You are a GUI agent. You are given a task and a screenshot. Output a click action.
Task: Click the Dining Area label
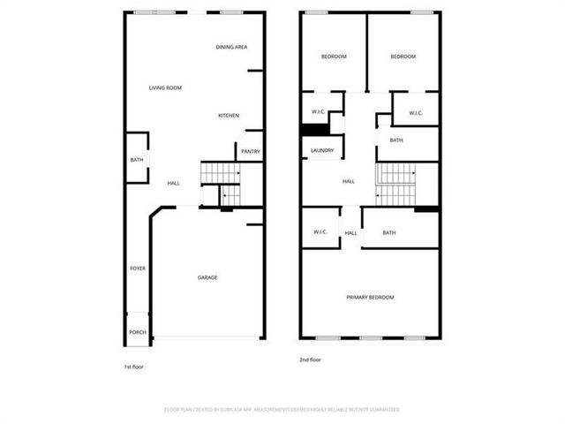pyautogui.click(x=231, y=47)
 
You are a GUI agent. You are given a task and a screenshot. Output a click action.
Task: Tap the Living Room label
pyautogui.click(x=165, y=87)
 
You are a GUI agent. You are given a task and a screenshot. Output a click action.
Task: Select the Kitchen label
pyautogui.click(x=230, y=116)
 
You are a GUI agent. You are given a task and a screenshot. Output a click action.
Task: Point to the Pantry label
pyautogui.click(x=251, y=152)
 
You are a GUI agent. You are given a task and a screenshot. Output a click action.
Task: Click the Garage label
pyautogui.click(x=207, y=277)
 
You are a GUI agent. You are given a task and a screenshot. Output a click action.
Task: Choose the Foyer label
pyautogui.click(x=138, y=268)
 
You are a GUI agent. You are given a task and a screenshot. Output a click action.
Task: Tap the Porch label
pyautogui.click(x=138, y=333)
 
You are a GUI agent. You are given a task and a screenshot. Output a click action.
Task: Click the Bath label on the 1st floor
pyautogui.click(x=137, y=160)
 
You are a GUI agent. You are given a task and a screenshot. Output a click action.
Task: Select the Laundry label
pyautogui.click(x=322, y=151)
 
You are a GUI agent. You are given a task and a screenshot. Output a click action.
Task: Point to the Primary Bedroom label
pyautogui.click(x=370, y=297)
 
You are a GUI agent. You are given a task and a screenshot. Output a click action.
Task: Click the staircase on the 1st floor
pyautogui.click(x=221, y=184)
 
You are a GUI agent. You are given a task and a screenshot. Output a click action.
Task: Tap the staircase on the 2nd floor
pyautogui.click(x=395, y=184)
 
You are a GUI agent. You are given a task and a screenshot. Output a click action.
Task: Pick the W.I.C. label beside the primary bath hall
pyautogui.click(x=320, y=232)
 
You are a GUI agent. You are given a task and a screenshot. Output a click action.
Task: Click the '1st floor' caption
pyautogui.click(x=133, y=366)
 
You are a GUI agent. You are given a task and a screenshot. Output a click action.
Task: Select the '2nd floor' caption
pyautogui.click(x=310, y=360)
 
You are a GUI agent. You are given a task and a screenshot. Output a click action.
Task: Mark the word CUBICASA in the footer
pyautogui.click(x=234, y=410)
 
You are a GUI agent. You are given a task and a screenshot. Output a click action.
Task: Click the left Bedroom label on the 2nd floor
pyautogui.click(x=333, y=57)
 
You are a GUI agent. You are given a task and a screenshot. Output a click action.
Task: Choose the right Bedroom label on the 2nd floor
pyautogui.click(x=403, y=57)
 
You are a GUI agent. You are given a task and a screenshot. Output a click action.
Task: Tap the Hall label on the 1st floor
pyautogui.click(x=173, y=183)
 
